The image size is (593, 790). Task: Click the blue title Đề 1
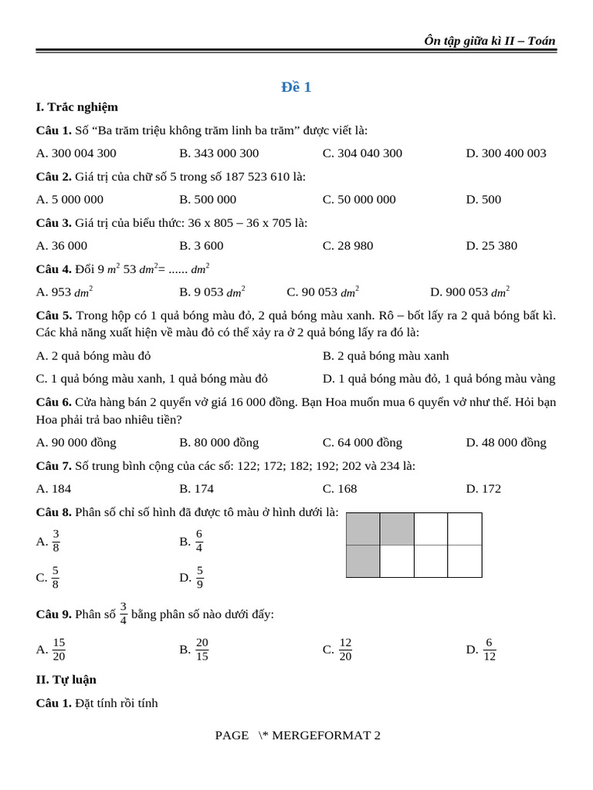[296, 87]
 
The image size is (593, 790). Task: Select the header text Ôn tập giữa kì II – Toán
[489, 41]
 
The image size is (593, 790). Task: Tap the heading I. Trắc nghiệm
[76, 107]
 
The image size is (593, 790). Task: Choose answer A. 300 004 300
[76, 154]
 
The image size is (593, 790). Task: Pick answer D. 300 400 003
[506, 154]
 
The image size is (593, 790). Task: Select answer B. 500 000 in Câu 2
[208, 200]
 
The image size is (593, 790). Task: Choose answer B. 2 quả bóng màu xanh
[385, 356]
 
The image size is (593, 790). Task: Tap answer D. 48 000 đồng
[506, 443]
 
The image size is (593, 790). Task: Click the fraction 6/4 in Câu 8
[198, 542]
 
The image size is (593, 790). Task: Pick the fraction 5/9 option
[199, 577]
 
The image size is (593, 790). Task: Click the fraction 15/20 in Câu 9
[59, 650]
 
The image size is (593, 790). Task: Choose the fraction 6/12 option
[489, 650]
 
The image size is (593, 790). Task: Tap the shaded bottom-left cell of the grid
[363, 562]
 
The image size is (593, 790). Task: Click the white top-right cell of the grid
[465, 529]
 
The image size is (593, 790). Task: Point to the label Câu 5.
[53, 316]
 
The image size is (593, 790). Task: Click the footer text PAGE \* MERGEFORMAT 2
[297, 735]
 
